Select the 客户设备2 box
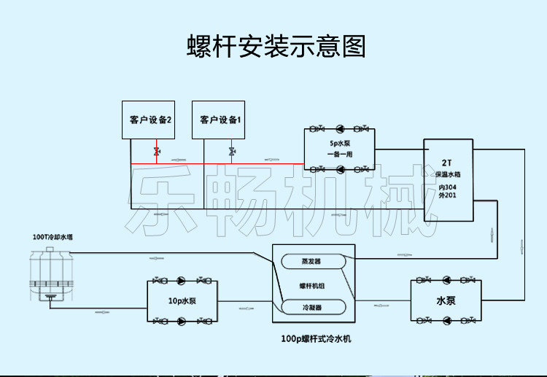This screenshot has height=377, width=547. [151, 120]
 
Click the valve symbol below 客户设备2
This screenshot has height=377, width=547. [156, 152]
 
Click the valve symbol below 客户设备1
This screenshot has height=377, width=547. [232, 152]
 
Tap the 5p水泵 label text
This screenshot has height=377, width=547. [340, 144]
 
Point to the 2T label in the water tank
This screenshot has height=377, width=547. [446, 163]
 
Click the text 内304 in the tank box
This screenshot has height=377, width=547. [447, 187]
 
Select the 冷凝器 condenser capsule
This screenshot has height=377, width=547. [312, 308]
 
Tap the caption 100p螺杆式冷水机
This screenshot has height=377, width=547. [317, 339]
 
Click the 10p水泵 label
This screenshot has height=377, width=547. [182, 300]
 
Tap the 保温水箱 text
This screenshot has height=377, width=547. [449, 175]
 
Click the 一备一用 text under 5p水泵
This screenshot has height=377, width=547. [340, 155]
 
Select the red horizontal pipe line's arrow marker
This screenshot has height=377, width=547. [272, 160]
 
